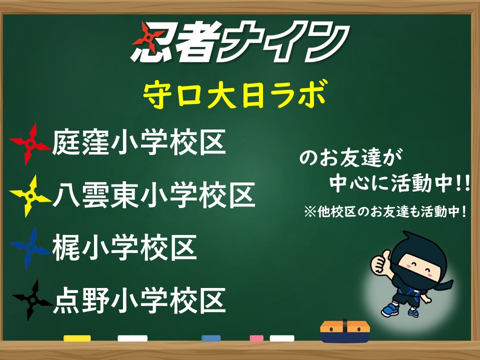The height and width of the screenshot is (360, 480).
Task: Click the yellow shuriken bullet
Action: [30, 196]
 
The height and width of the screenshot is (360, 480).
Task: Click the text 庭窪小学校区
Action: [139, 142]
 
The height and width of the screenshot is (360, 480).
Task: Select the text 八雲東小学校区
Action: [154, 194]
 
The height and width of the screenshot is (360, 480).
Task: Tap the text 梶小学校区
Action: [124, 247]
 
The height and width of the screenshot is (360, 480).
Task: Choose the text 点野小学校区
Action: [139, 300]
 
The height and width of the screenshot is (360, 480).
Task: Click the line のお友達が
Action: [350, 157]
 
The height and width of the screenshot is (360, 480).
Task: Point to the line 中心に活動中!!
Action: [399, 183]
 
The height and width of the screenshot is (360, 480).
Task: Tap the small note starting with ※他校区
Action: [385, 211]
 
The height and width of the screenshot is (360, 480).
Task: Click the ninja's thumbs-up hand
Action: [380, 261]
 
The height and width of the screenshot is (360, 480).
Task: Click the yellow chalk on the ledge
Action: [77, 338]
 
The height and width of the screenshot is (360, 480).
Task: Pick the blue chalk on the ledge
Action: [211, 338]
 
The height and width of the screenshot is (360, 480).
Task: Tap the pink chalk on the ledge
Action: [256, 338]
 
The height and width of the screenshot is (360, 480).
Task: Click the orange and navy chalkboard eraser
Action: [345, 331]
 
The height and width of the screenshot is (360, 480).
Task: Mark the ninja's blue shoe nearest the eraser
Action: [390, 309]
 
